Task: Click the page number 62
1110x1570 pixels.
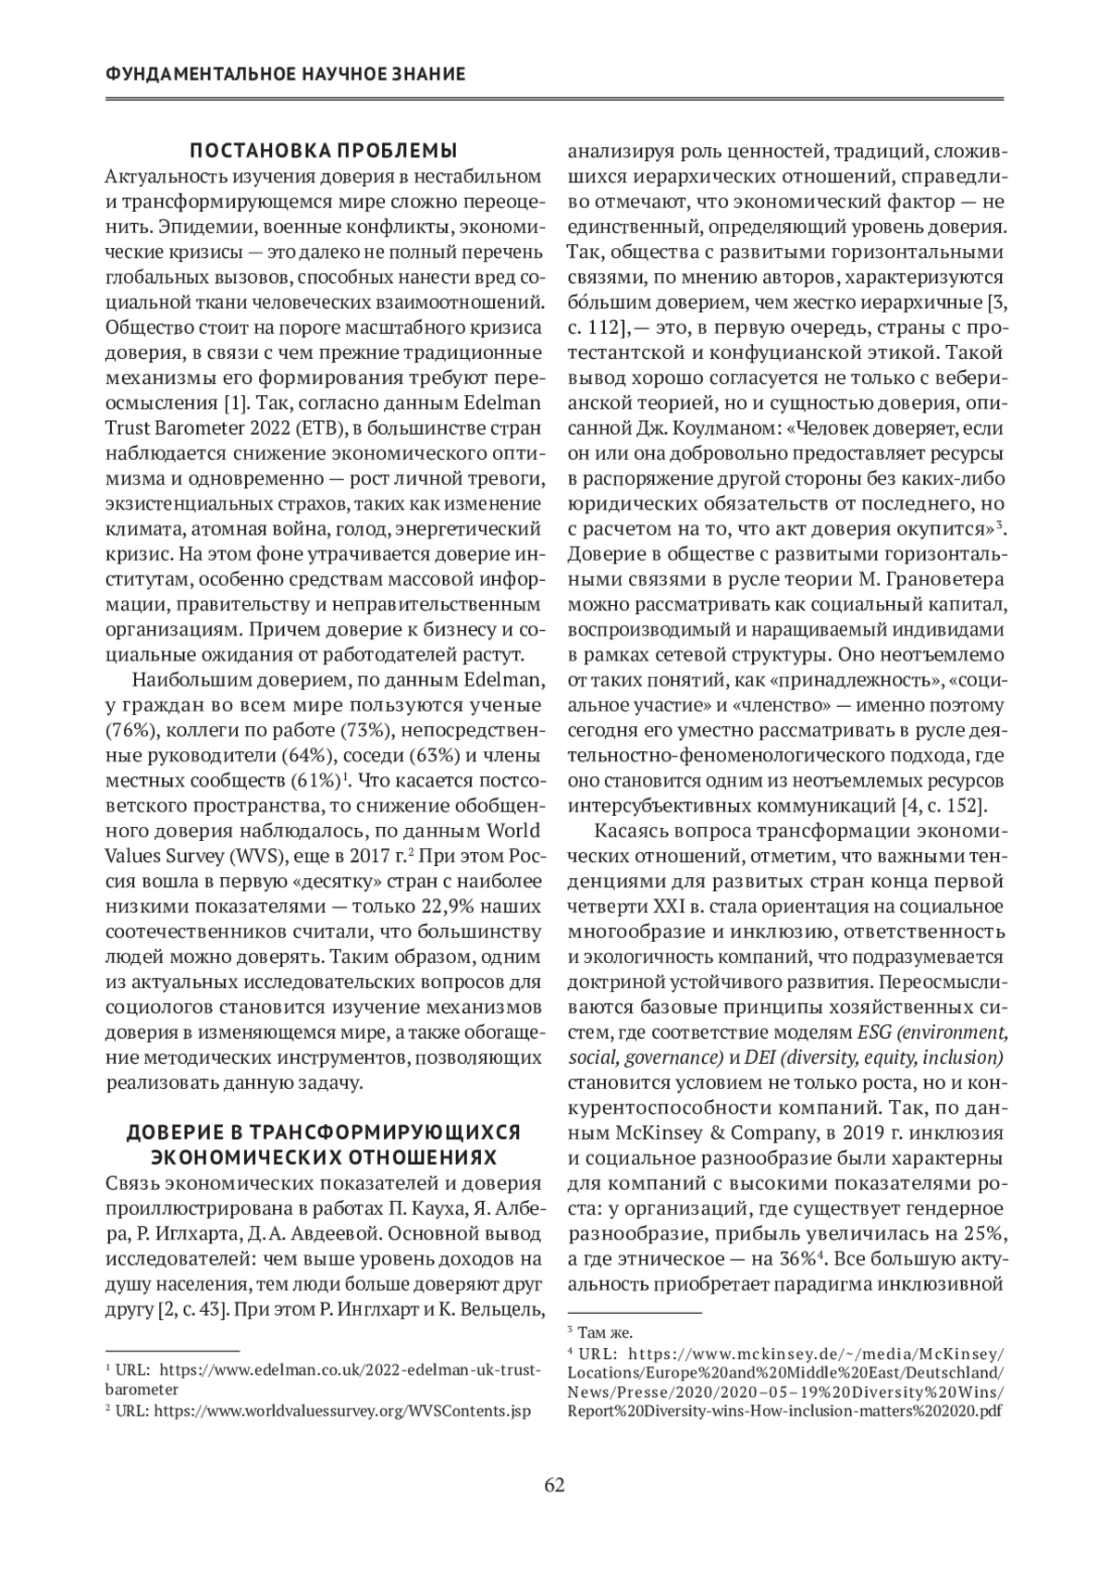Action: [554, 1486]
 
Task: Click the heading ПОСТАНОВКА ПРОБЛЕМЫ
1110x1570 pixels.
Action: [324, 151]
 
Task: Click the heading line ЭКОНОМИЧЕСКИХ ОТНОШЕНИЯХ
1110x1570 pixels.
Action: [324, 1157]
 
